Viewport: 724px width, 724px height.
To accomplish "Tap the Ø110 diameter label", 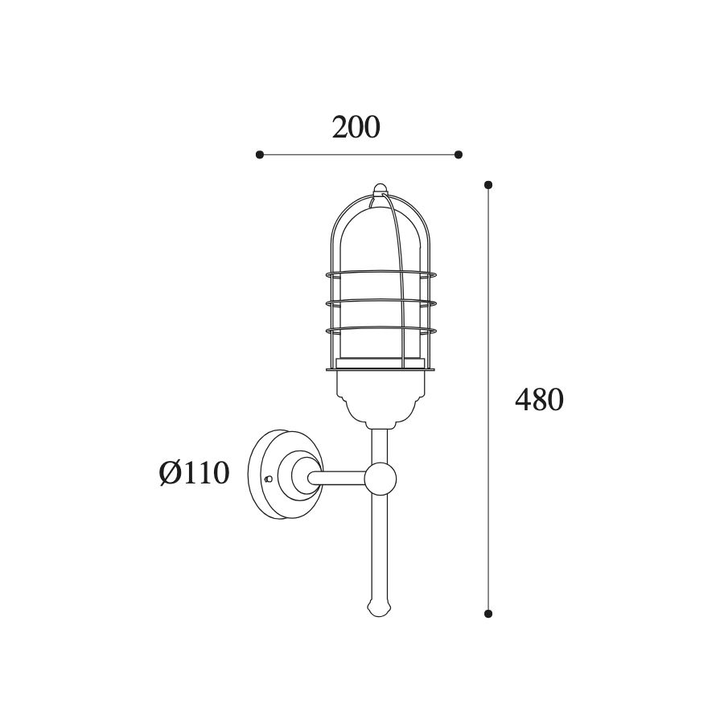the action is (x=195, y=473).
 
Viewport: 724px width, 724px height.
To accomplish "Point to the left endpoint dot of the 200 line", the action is (x=260, y=154).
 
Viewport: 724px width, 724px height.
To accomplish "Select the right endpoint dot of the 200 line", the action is (x=458, y=154).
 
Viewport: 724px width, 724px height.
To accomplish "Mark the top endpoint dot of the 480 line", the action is (x=488, y=185).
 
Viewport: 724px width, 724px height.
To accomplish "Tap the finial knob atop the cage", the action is (x=380, y=188).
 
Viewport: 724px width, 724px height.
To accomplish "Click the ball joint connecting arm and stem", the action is (x=380, y=479).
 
